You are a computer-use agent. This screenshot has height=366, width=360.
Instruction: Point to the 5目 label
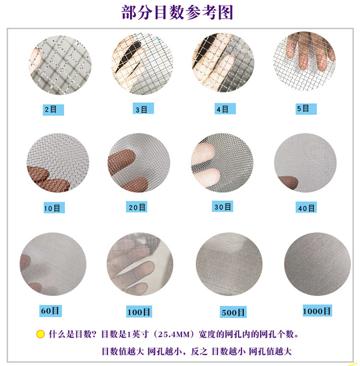pyautogui.click(x=303, y=108)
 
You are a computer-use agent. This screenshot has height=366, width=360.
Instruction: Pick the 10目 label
pyautogui.click(x=52, y=208)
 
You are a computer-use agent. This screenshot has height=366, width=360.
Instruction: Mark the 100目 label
pyautogui.click(x=139, y=312)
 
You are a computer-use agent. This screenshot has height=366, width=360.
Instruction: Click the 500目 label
pyautogui.click(x=232, y=313)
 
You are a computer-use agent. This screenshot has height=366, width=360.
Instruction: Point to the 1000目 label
pyautogui.click(x=316, y=311)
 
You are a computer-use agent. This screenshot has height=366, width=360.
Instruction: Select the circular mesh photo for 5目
pyautogui.click(x=304, y=61)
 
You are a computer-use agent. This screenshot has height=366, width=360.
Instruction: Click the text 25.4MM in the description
pyautogui.click(x=180, y=334)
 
